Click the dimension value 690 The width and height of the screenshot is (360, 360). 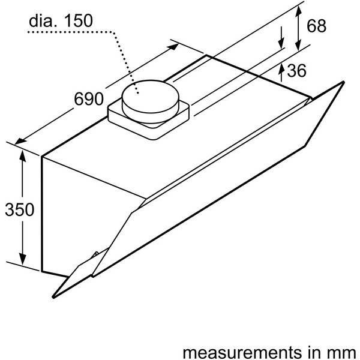pyautogui.click(x=88, y=99)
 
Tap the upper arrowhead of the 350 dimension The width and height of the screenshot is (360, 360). pyautogui.click(x=22, y=154)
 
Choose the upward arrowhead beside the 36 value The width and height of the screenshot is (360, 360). pyautogui.click(x=282, y=68)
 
